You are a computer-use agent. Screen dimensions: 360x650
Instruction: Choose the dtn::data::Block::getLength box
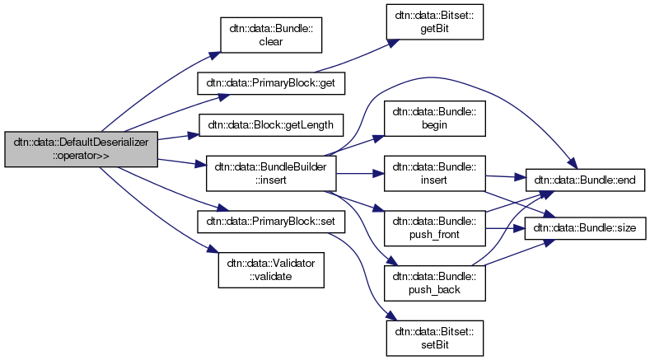pos(270,125)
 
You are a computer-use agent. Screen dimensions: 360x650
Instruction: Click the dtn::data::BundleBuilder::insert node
pos(270,173)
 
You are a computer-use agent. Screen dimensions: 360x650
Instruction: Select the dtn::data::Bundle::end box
pos(586,179)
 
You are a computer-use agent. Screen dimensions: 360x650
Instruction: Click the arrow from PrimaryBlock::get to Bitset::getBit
pos(350,57)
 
